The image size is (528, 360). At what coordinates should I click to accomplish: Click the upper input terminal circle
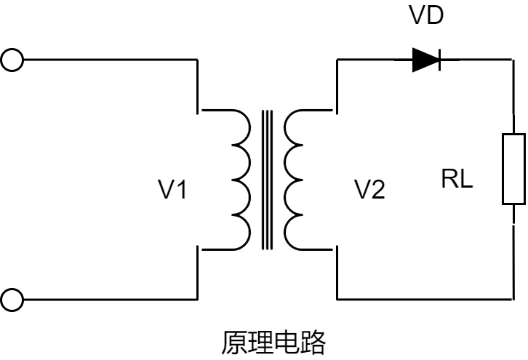(12, 59)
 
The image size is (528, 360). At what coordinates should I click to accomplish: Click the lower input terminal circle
(12, 298)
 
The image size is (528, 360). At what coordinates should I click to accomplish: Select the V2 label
(370, 191)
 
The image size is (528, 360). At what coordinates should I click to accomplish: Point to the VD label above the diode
(427, 17)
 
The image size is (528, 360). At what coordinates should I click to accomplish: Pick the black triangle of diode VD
(424, 60)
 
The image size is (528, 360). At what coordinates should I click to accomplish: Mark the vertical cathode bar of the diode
(439, 60)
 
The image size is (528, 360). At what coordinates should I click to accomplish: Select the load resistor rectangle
(513, 169)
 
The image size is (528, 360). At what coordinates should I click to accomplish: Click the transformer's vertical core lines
(268, 180)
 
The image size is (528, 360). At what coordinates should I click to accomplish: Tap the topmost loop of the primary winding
(240, 127)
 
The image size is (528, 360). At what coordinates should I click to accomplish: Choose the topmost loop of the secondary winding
(295, 127)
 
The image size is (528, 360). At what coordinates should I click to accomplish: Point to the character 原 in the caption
(233, 342)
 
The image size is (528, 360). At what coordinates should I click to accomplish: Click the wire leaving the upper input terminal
(109, 59)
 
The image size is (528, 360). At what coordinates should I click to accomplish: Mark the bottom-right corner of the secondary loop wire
(513, 298)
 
